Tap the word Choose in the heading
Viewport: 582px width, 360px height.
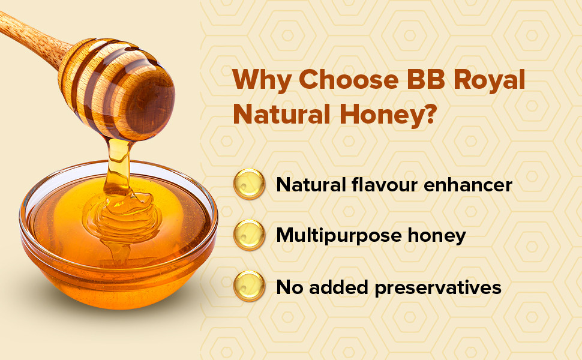tap(349, 79)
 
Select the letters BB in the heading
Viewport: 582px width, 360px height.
tap(426, 79)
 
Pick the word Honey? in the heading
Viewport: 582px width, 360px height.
tap(387, 115)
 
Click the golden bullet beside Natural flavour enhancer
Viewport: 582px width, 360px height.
tap(249, 184)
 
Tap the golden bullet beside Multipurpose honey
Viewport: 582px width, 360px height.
tap(249, 235)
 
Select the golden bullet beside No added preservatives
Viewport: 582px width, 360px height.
tap(249, 286)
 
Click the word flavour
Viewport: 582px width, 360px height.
tap(384, 184)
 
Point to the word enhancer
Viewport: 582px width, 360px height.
tap(467, 184)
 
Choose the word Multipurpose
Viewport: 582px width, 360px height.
tap(338, 236)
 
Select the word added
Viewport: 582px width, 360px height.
tap(338, 287)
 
